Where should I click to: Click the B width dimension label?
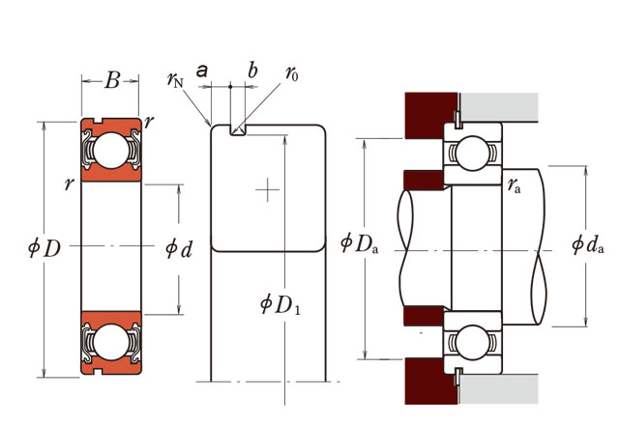(111, 81)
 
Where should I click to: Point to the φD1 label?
(281, 306)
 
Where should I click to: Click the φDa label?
(359, 242)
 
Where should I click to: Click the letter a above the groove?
(202, 71)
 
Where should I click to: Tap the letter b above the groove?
(252, 71)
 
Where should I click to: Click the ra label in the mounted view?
(515, 186)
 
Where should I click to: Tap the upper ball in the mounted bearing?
(473, 153)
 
